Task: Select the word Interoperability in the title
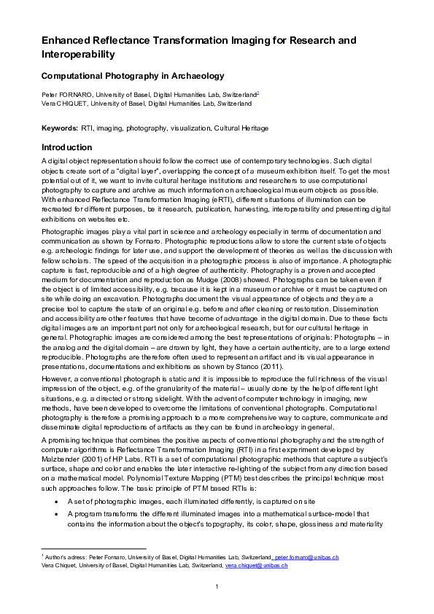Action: click(x=78, y=54)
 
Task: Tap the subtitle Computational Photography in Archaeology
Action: click(x=132, y=75)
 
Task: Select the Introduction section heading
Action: click(x=67, y=147)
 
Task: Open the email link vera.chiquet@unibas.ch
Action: click(x=256, y=565)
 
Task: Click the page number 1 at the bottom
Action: click(x=217, y=588)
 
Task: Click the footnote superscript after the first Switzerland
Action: click(x=258, y=93)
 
